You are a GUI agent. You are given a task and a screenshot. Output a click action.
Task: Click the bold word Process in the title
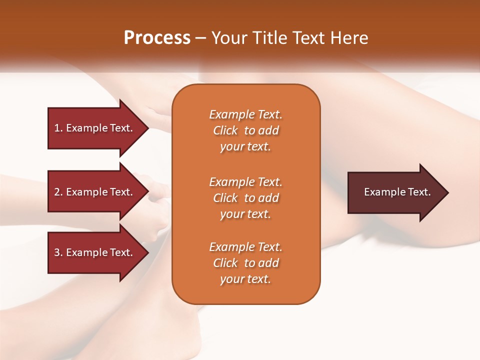[157, 38]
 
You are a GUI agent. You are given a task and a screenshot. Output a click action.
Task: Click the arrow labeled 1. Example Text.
[95, 128]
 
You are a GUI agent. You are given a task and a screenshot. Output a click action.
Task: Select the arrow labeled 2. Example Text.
[95, 192]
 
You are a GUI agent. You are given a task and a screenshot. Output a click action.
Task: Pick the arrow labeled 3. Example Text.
[95, 252]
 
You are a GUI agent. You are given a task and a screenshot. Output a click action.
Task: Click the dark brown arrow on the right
[395, 192]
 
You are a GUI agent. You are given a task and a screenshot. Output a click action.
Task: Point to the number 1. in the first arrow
[58, 128]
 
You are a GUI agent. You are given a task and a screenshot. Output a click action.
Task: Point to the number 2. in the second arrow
[58, 192]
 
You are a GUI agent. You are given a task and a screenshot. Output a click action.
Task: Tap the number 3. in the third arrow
[58, 252]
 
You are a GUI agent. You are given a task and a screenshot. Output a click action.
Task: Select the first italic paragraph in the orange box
[245, 130]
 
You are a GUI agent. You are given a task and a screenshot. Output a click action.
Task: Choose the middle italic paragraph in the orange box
[245, 197]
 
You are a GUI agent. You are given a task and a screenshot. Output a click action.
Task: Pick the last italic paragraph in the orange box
[245, 263]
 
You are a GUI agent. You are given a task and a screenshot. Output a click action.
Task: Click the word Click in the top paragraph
[225, 130]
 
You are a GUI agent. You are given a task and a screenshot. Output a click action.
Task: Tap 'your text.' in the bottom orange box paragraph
[245, 279]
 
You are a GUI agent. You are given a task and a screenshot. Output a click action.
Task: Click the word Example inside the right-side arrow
[381, 192]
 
